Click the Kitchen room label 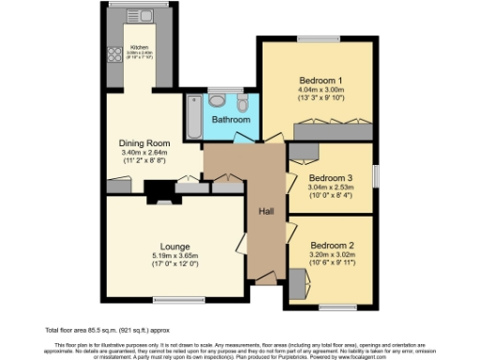click(x=140, y=46)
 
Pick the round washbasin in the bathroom click(x=217, y=99)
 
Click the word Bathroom click(x=230, y=121)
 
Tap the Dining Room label click(x=143, y=142)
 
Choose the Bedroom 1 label click(x=321, y=81)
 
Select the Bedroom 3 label click(x=331, y=178)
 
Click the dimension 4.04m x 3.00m click(x=321, y=91)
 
